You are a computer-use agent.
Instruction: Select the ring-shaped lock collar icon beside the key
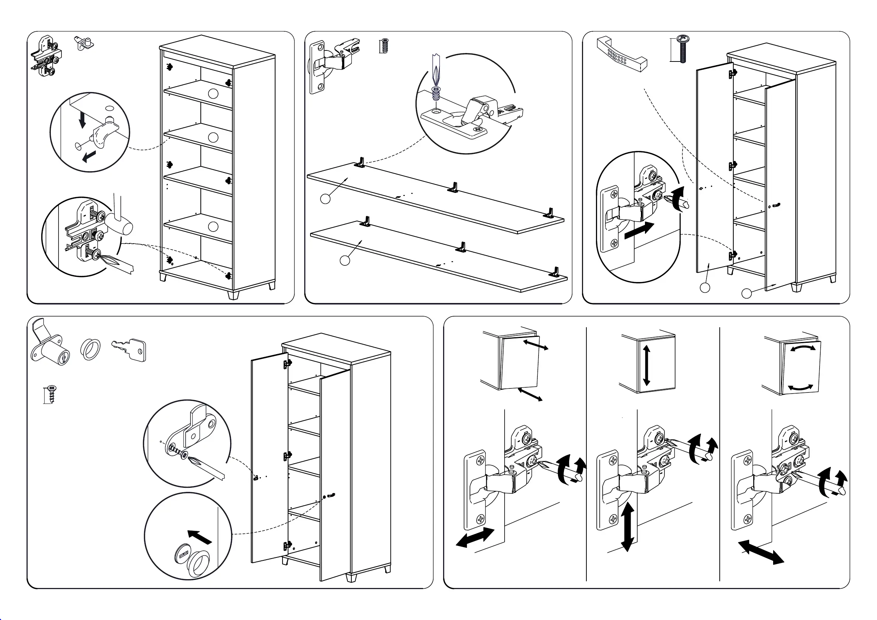(x=91, y=349)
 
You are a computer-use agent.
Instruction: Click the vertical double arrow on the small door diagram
(x=646, y=365)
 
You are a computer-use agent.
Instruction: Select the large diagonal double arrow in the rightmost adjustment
(x=761, y=552)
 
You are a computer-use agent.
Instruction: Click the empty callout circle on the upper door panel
(x=325, y=199)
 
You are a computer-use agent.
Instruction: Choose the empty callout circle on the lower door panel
(x=345, y=261)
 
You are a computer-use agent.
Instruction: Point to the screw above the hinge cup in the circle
(x=436, y=92)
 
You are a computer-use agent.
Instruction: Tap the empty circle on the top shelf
(x=213, y=94)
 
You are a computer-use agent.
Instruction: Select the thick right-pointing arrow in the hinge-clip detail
(x=639, y=230)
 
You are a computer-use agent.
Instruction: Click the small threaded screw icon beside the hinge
(x=385, y=46)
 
